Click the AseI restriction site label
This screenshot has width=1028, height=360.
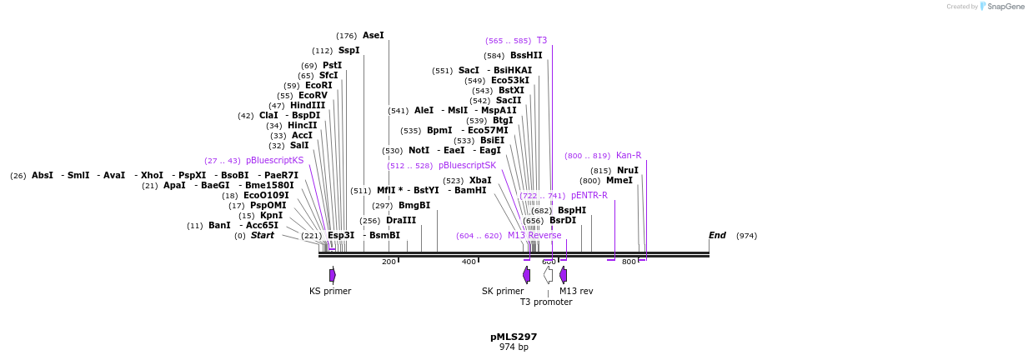pyautogui.click(x=373, y=36)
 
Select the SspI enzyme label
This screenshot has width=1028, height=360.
pyautogui.click(x=349, y=51)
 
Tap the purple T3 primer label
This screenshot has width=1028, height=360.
pyautogui.click(x=541, y=41)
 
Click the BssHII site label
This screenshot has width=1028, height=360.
pyautogui.click(x=526, y=56)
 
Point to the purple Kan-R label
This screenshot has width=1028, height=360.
pyautogui.click(x=628, y=156)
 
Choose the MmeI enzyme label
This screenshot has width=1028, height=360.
pyautogui.click(x=619, y=181)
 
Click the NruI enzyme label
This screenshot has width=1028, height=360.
pyautogui.click(x=627, y=171)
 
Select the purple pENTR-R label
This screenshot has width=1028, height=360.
pyautogui.click(x=589, y=196)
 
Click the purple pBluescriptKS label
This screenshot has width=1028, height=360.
pyautogui.click(x=274, y=161)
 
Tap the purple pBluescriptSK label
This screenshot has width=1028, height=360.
pyautogui.click(x=467, y=166)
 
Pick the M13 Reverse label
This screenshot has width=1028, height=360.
pyautogui.click(x=534, y=236)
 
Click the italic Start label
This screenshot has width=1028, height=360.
pyautogui.click(x=262, y=236)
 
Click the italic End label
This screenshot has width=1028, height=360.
pyautogui.click(x=717, y=236)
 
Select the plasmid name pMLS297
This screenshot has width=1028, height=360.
pyautogui.click(x=514, y=337)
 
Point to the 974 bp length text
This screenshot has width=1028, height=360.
pyautogui.click(x=514, y=347)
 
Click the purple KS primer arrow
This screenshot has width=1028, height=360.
pyautogui.click(x=333, y=275)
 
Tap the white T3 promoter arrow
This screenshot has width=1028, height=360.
pyautogui.click(x=548, y=275)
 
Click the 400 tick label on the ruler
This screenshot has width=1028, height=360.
pyautogui.click(x=469, y=262)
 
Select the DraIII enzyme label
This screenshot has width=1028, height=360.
pyautogui.click(x=401, y=221)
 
